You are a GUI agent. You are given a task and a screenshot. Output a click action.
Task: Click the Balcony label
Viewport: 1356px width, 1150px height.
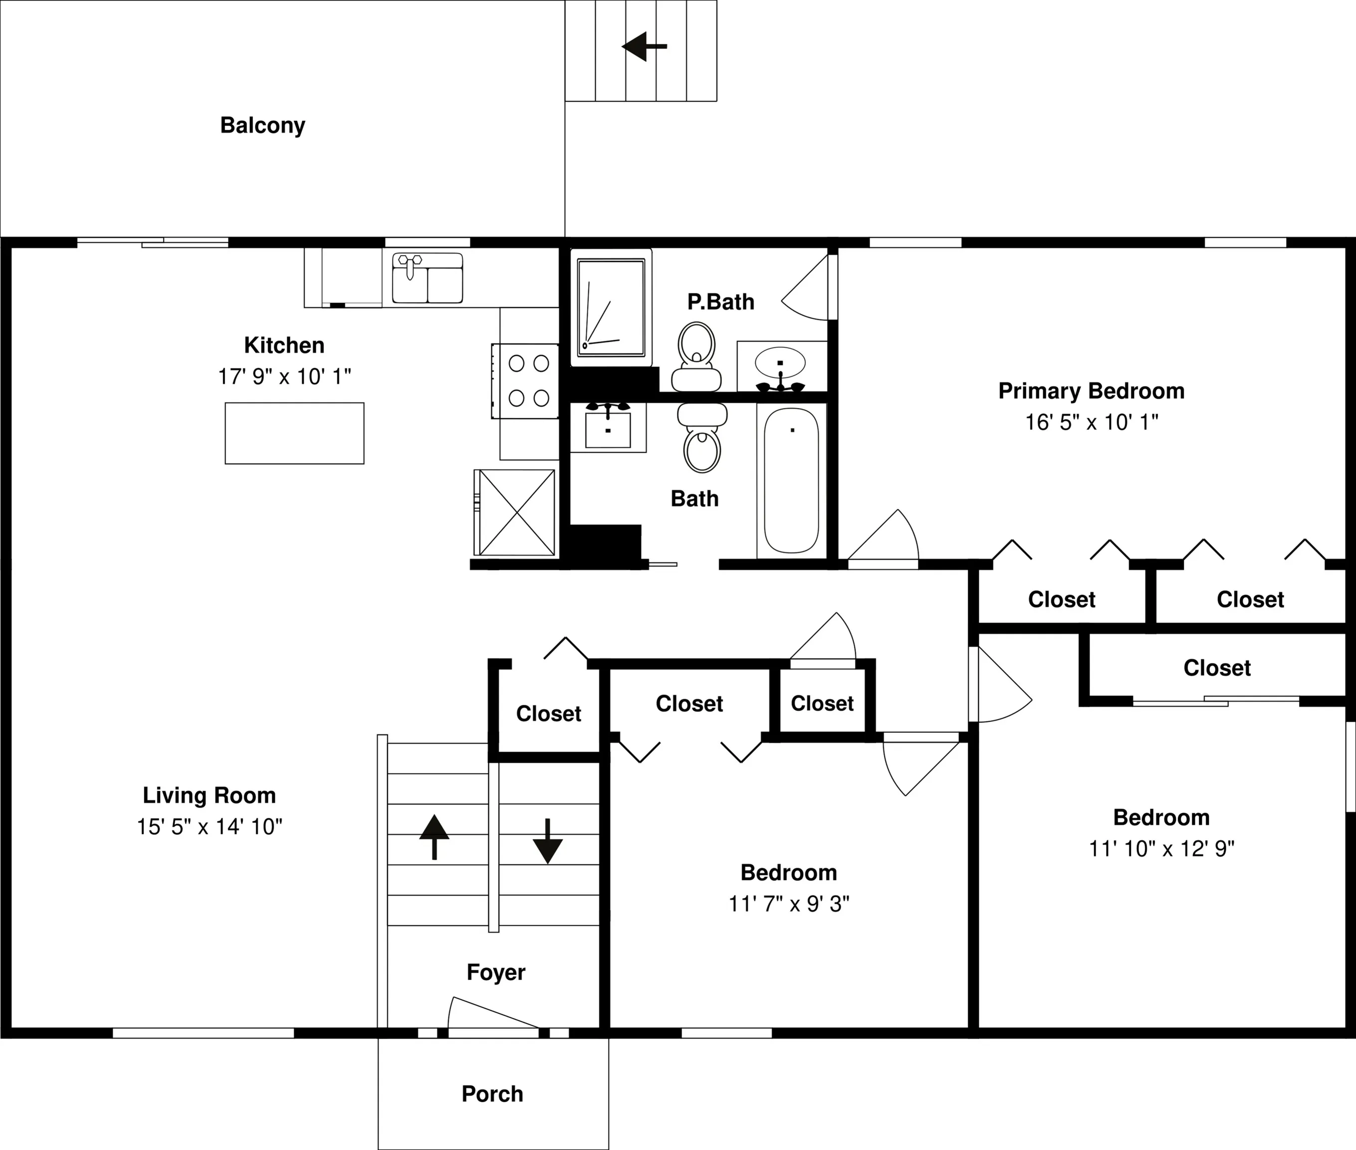(262, 125)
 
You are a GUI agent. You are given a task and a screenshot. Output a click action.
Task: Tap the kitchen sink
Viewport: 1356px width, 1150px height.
(428, 279)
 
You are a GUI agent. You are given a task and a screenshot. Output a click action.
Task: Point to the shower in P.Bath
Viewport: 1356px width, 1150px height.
(611, 307)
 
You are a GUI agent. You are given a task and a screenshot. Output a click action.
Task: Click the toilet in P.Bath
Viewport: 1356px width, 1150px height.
(696, 356)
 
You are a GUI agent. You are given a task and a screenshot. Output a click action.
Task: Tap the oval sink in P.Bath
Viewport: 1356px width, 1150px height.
(780, 363)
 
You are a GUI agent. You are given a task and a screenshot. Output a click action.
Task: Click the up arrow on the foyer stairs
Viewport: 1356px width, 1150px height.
(434, 837)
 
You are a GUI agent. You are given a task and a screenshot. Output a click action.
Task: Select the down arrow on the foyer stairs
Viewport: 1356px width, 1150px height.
(547, 841)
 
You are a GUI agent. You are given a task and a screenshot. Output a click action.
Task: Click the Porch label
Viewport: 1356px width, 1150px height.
(492, 1094)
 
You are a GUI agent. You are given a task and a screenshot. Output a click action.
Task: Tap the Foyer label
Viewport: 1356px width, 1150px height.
(496, 972)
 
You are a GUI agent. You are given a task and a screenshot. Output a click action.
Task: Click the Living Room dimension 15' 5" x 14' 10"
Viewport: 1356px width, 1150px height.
(209, 827)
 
